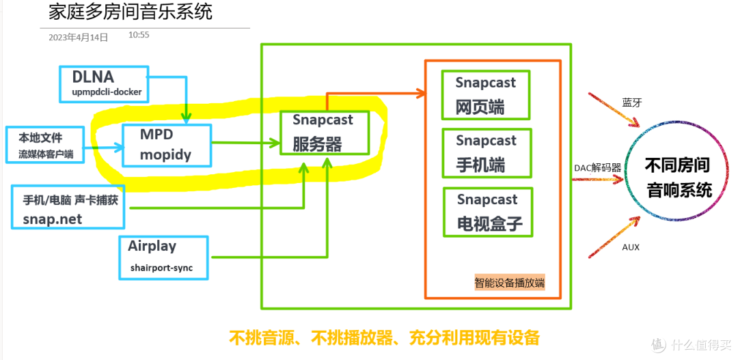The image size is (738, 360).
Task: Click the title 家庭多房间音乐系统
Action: (131, 12)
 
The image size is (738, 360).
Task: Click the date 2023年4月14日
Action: (78, 38)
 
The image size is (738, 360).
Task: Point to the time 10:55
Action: (138, 35)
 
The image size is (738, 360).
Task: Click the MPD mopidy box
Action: (167, 145)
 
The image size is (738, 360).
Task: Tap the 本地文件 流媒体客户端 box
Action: (45, 146)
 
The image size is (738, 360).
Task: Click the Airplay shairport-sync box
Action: (163, 256)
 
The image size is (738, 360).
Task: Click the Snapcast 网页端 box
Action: (486, 94)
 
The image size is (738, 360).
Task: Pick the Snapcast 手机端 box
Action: (486, 153)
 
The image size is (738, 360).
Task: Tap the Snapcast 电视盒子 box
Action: (487, 212)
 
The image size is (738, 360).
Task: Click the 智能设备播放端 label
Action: (510, 283)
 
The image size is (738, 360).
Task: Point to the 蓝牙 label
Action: (632, 102)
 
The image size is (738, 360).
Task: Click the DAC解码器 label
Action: (598, 167)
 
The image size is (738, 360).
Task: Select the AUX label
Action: (631, 247)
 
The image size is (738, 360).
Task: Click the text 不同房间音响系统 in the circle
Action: (679, 177)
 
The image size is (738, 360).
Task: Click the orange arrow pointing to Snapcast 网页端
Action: (383, 93)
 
